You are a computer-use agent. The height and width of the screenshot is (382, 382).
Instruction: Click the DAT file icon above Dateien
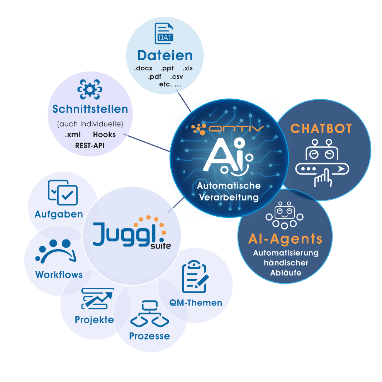[x=164, y=34]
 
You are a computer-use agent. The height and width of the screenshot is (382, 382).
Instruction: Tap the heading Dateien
[x=165, y=56]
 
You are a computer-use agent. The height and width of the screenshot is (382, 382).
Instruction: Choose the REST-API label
[x=90, y=146]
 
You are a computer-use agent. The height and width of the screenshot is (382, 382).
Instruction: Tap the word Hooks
[x=104, y=135]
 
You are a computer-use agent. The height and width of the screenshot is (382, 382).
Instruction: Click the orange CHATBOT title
[x=321, y=129]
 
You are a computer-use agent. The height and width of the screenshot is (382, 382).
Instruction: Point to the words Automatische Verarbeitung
[x=228, y=192]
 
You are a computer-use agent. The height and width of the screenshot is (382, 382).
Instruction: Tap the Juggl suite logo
[x=131, y=233]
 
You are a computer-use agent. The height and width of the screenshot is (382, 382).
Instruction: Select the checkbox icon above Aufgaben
[x=63, y=192]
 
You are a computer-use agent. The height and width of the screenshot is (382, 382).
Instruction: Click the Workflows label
[x=59, y=275]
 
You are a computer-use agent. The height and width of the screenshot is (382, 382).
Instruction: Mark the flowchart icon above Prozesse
[x=149, y=314]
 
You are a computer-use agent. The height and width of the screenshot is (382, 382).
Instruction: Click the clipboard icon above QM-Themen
[x=195, y=276]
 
